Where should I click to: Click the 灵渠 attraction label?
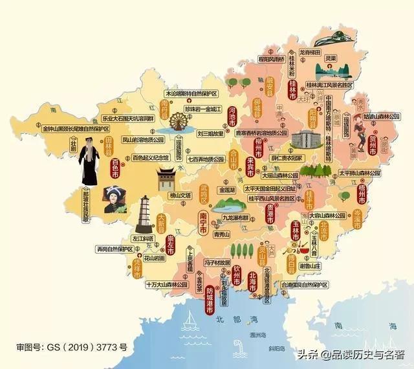[330, 58]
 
